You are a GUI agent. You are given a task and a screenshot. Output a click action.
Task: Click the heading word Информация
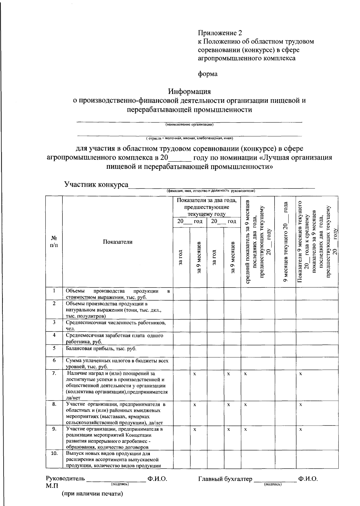189,91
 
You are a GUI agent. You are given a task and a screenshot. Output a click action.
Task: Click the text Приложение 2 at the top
220,33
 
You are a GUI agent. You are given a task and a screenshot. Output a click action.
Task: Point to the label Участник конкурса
96,184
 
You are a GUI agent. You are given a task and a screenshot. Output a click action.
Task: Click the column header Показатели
118,242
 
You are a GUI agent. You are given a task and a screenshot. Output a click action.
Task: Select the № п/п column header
54,242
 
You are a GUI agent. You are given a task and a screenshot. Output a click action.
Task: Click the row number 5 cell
54,348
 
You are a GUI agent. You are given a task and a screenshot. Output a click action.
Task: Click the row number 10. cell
54,454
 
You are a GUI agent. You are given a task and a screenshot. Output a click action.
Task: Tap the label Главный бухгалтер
225,479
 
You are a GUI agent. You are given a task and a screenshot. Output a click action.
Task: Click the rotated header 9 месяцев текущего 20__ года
286,242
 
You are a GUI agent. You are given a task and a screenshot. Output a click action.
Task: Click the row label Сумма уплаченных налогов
117,363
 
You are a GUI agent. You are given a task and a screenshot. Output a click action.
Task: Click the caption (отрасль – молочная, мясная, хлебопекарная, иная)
189,138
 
